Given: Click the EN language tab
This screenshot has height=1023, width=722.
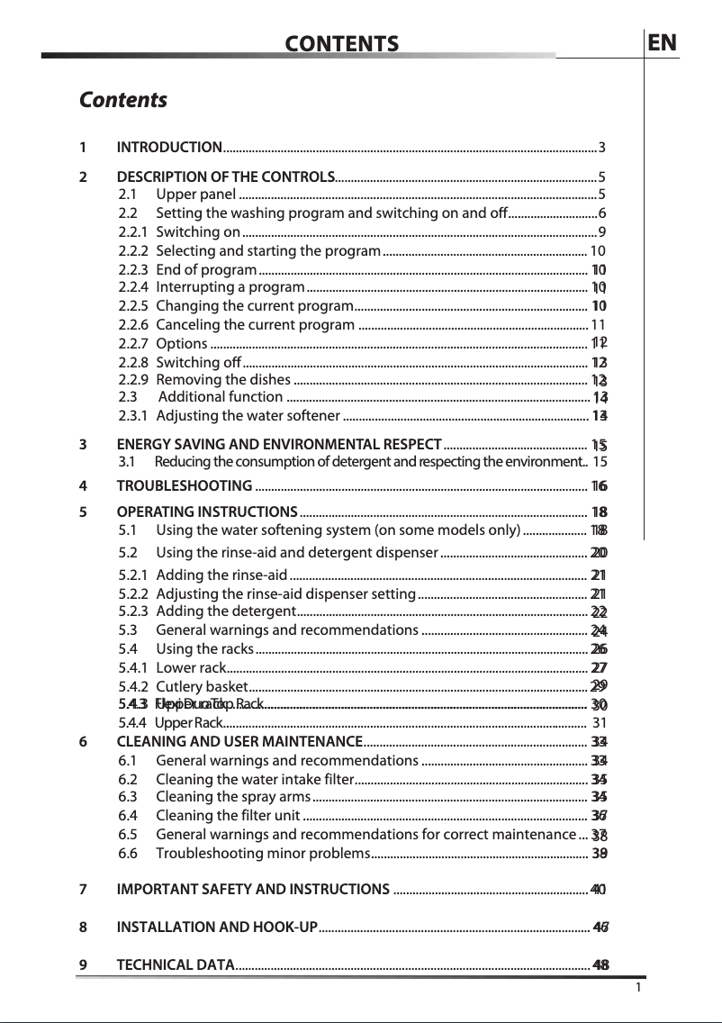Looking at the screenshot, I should point(663,43).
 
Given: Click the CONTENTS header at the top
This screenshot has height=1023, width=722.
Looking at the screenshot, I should point(341,44).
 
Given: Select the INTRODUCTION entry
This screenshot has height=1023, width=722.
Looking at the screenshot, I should point(170,148).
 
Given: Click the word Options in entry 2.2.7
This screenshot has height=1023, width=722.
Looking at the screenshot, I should point(181,343).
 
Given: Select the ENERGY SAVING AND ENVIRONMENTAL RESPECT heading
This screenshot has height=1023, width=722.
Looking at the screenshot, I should point(279,444).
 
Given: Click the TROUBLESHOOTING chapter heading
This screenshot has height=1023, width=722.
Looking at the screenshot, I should point(185,487).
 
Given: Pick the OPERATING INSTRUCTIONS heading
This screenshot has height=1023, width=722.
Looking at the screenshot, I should point(208,511).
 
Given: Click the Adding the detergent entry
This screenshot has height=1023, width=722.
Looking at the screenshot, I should point(221,612).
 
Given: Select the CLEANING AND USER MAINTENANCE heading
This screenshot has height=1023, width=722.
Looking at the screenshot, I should point(239,742).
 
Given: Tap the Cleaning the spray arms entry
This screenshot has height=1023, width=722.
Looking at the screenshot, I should point(233,797).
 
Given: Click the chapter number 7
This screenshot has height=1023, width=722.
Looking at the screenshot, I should point(83,890).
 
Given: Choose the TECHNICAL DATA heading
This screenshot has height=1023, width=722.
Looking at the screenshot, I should point(176,965).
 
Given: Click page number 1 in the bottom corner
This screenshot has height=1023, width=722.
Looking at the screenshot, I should point(637,988).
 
